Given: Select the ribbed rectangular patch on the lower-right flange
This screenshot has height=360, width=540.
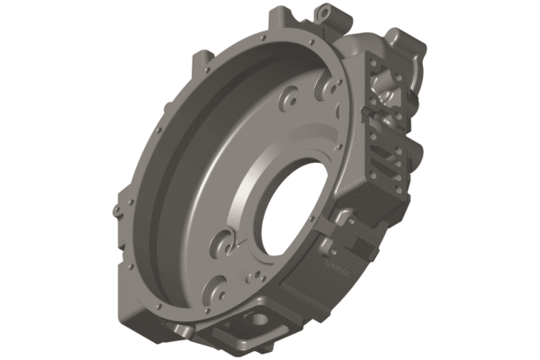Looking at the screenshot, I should coord(364,245).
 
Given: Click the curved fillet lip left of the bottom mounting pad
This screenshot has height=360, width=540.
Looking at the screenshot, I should coord(202,326).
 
